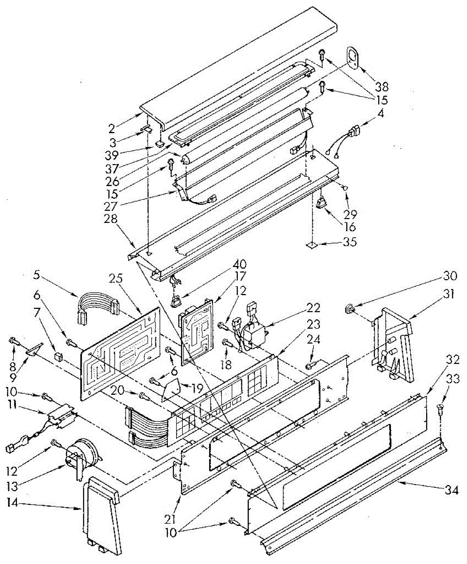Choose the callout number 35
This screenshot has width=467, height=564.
point(350,242)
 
